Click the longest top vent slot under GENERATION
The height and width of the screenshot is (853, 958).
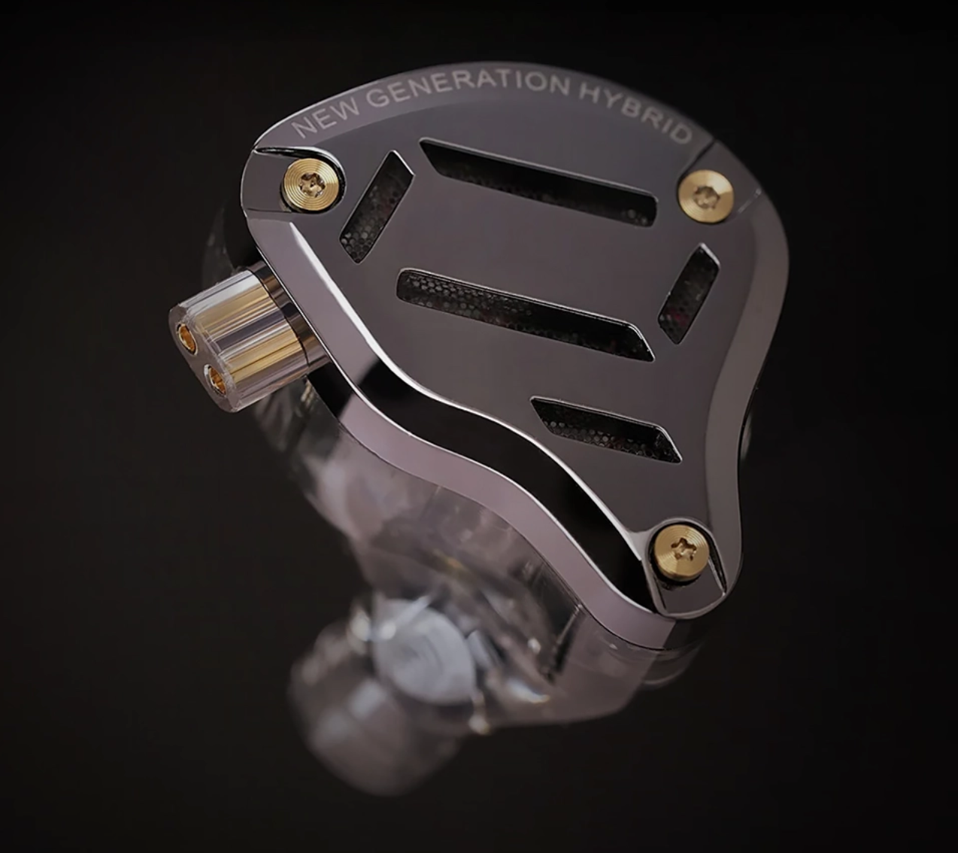538,182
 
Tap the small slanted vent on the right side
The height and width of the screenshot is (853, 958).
688,293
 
